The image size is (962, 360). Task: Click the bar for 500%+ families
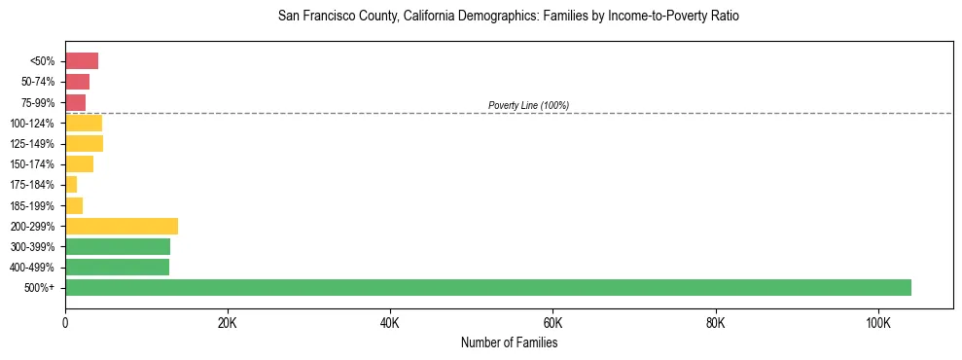(487, 287)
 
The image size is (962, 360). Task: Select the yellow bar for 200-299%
(122, 226)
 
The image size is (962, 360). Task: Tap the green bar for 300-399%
(118, 246)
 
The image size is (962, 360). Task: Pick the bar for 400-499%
(117, 267)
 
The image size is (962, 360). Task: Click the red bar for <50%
(82, 61)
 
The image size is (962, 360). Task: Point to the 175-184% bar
(71, 185)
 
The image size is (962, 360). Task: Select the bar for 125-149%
(84, 143)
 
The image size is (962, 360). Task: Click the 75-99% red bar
(76, 102)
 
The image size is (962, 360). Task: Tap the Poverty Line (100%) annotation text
(528, 105)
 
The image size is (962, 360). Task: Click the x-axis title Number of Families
(509, 342)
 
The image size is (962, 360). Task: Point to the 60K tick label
(552, 322)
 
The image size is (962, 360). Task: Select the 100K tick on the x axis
(877, 322)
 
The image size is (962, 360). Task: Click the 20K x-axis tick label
(227, 322)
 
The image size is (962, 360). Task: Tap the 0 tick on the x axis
(65, 322)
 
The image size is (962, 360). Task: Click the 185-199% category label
(33, 205)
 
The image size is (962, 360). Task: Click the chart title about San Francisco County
(509, 17)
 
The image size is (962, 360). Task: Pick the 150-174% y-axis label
(33, 164)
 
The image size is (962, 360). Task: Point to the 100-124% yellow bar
(84, 123)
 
